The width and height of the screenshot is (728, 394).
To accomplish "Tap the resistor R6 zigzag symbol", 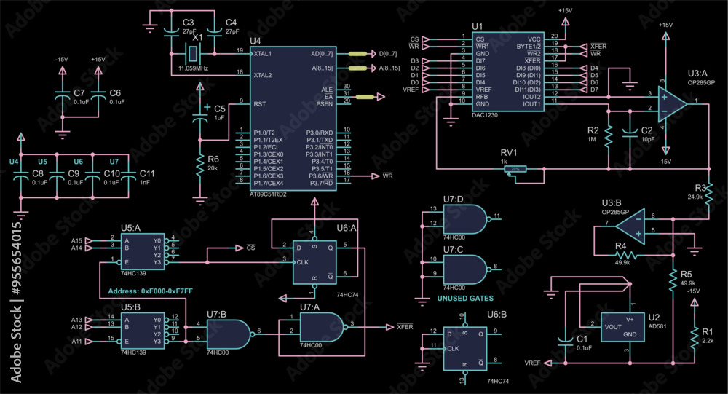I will [199, 167].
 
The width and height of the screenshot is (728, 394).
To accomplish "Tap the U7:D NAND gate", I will [464, 218].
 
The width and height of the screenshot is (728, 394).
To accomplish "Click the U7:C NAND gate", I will [464, 269].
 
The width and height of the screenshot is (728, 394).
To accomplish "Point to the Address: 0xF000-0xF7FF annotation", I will [150, 291].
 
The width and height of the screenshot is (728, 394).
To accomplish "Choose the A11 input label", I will [76, 341].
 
